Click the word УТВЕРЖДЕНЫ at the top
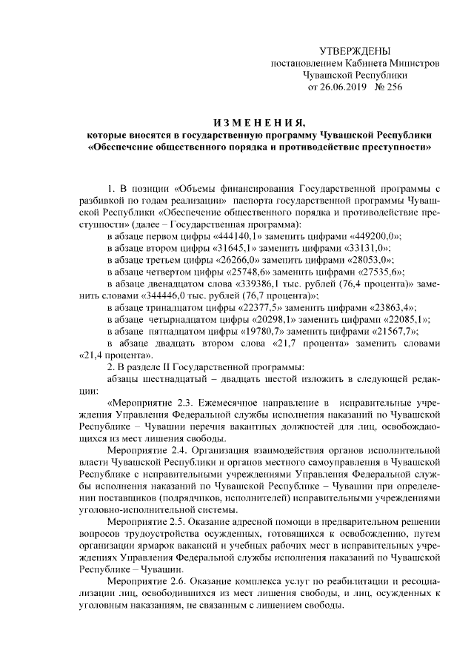click(354, 50)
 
